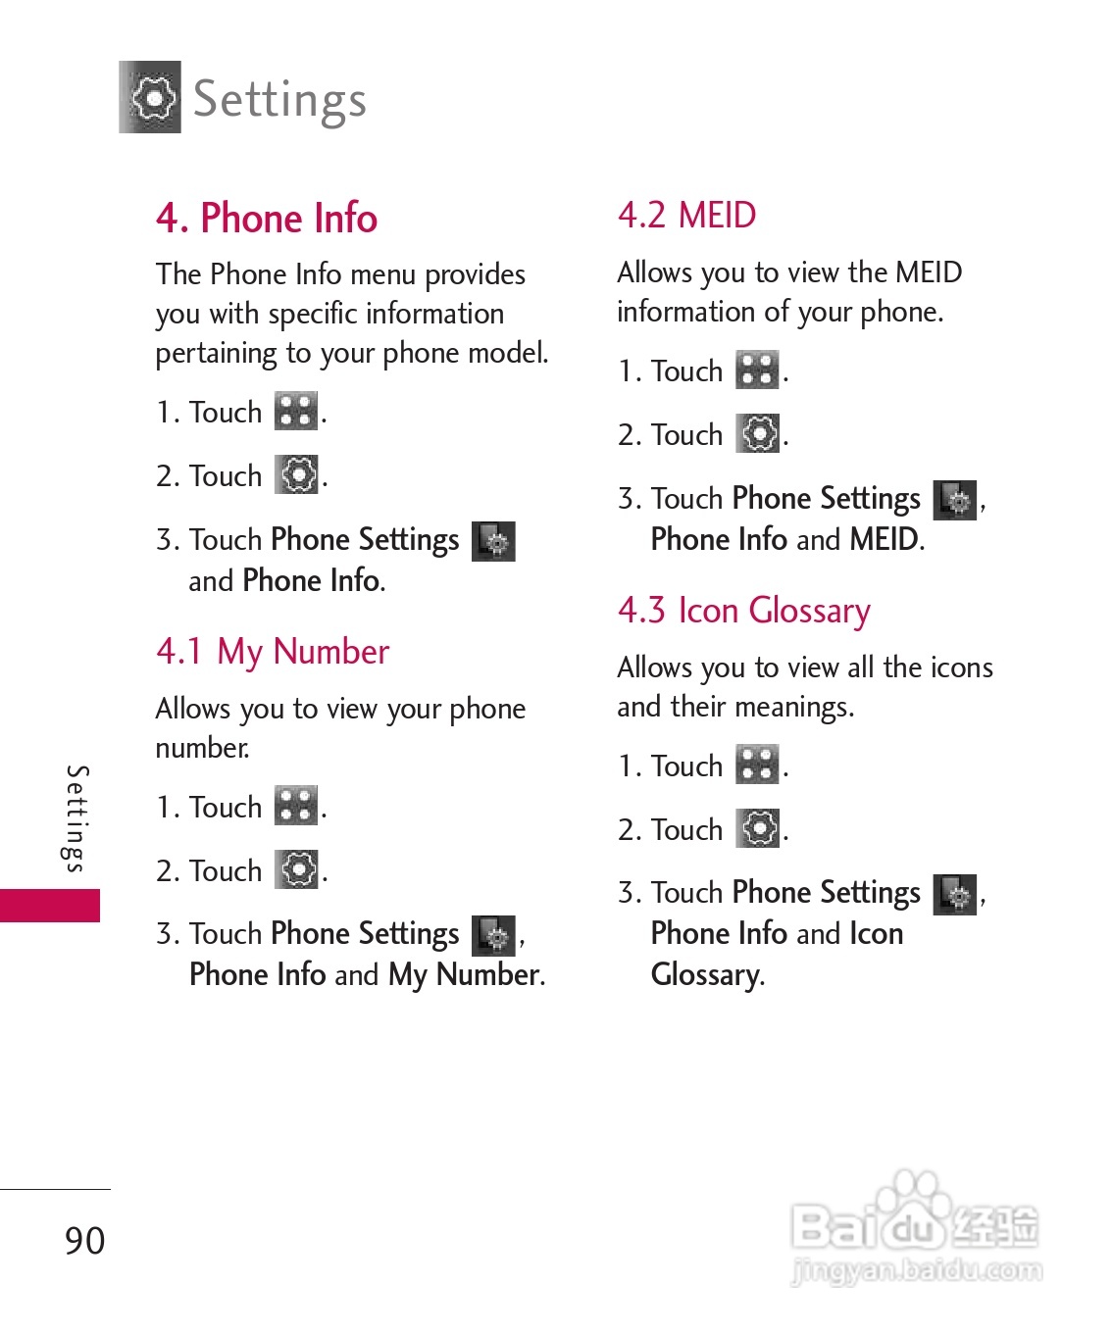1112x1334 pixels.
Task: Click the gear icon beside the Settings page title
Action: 150,97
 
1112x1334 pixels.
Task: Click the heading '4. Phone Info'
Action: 266,218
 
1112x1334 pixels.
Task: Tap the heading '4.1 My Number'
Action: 273,652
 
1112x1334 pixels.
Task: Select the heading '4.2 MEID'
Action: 686,215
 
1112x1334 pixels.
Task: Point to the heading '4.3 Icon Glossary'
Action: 743,611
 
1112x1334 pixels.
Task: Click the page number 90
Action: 85,1240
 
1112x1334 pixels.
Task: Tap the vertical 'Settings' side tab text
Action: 76,818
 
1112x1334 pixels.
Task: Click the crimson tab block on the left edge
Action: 49,905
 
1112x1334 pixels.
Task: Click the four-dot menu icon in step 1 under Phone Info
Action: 296,411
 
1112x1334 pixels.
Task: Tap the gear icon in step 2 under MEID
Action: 759,433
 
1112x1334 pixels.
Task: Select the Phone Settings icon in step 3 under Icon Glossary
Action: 955,894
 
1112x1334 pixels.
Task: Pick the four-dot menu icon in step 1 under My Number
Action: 296,806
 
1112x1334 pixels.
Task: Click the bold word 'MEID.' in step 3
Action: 886,539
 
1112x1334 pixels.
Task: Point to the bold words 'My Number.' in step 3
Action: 466,974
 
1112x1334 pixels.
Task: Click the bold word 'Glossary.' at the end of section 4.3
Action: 707,974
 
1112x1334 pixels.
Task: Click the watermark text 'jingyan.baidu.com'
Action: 916,1270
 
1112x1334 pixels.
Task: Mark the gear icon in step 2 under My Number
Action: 297,869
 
